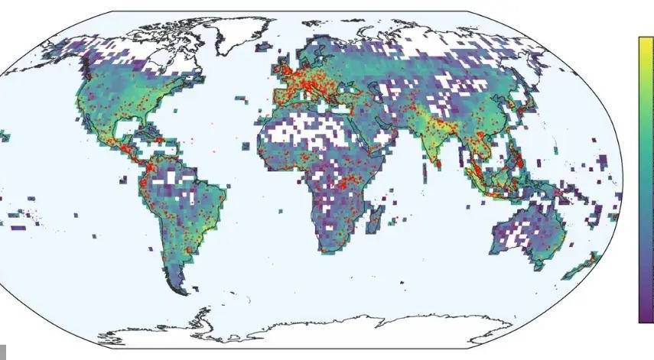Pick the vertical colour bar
(x=646, y=180)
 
